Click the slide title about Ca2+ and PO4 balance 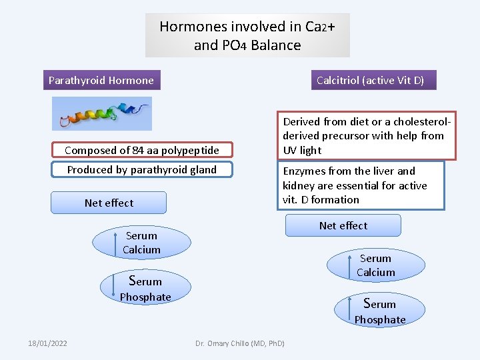247,36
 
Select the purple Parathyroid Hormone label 101,81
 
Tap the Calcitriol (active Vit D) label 369,81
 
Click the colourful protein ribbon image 102,113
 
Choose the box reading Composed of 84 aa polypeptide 141,151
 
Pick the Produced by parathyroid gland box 141,170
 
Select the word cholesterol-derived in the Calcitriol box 413,122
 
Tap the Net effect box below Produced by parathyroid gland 109,203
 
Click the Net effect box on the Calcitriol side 343,226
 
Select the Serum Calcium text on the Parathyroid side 141,243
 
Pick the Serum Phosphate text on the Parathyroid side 145,289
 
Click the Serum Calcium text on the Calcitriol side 375,265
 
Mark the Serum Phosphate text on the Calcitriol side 379,312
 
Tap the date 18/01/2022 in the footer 47,343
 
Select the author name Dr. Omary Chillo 239,343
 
